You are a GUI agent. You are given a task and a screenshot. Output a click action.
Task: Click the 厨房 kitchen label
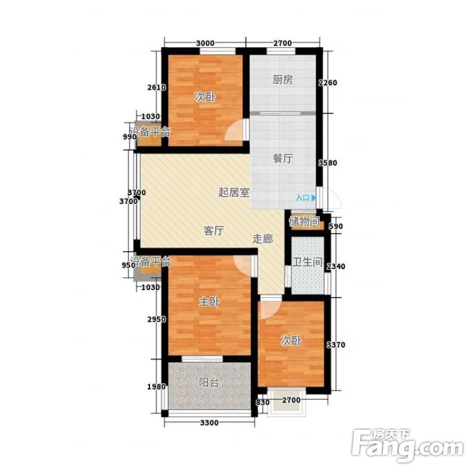(x=283, y=80)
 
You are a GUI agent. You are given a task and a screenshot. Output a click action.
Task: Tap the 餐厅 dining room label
(x=283, y=158)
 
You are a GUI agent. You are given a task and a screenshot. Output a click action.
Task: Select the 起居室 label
(x=234, y=192)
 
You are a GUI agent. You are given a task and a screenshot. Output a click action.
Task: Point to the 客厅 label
(x=213, y=231)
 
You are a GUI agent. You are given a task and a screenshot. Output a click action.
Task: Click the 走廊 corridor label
(x=263, y=239)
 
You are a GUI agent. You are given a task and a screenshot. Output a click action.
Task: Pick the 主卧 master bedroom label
(x=209, y=301)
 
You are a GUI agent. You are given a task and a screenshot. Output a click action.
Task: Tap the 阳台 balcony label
(x=209, y=383)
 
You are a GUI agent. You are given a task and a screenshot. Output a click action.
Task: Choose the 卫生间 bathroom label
(x=308, y=262)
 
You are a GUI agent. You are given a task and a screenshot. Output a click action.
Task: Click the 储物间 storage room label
(x=304, y=221)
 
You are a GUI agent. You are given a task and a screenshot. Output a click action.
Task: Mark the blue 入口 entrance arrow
(x=314, y=198)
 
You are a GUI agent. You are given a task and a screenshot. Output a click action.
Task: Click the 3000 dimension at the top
(x=205, y=43)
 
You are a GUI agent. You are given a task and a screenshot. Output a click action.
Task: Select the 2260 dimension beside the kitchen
(x=328, y=82)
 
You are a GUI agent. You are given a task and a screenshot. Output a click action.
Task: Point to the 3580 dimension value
(x=328, y=163)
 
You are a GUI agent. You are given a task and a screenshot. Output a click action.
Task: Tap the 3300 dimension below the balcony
(x=210, y=423)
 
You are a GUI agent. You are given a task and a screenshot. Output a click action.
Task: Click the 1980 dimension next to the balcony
(x=157, y=387)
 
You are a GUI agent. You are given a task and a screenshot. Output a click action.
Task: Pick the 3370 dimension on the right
(x=336, y=345)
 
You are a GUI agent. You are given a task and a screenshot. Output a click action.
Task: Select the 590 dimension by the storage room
(x=336, y=226)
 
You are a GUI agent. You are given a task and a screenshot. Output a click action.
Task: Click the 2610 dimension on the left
(x=157, y=87)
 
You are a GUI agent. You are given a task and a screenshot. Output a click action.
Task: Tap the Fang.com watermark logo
(x=408, y=444)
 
